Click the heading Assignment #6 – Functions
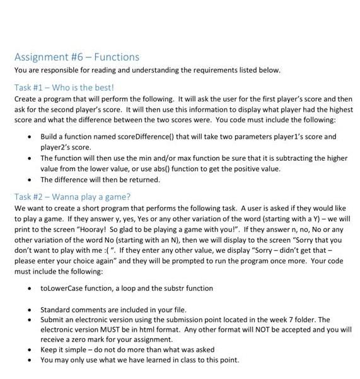(76, 57)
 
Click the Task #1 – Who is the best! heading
(61, 87)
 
